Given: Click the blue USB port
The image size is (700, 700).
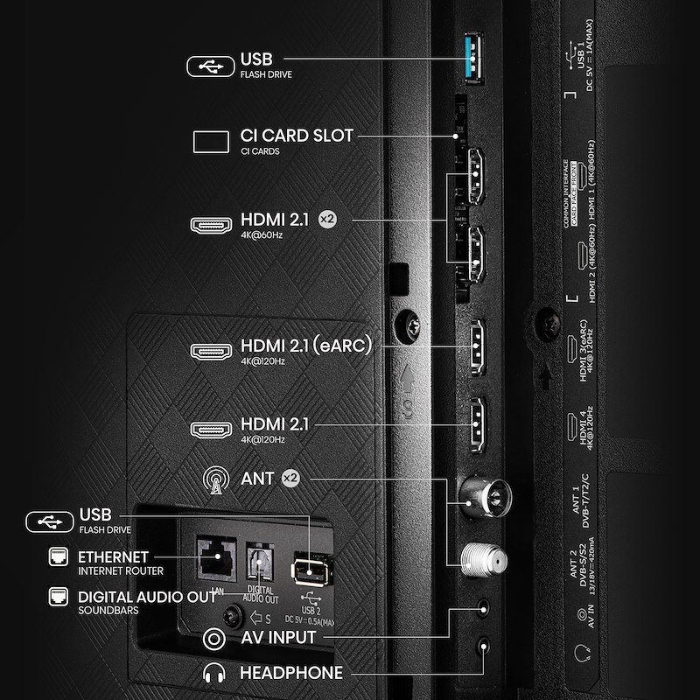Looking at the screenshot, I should tap(476, 59).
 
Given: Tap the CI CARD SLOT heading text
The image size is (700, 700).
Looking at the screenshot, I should tap(297, 136).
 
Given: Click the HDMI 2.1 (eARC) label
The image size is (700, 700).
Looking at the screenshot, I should tap(306, 346).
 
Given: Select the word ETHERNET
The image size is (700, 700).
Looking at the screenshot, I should tap(113, 556).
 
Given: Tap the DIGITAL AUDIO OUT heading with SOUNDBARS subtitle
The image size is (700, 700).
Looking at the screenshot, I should tap(147, 598).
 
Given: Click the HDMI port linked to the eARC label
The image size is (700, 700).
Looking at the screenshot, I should tap(477, 345).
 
